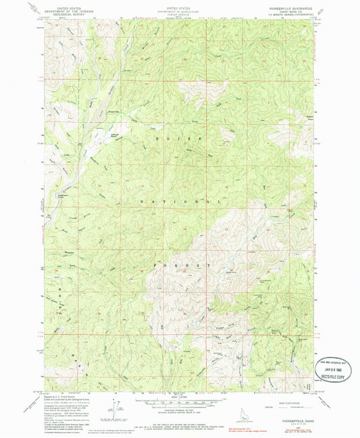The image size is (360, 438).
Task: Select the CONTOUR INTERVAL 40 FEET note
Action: (178, 404)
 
